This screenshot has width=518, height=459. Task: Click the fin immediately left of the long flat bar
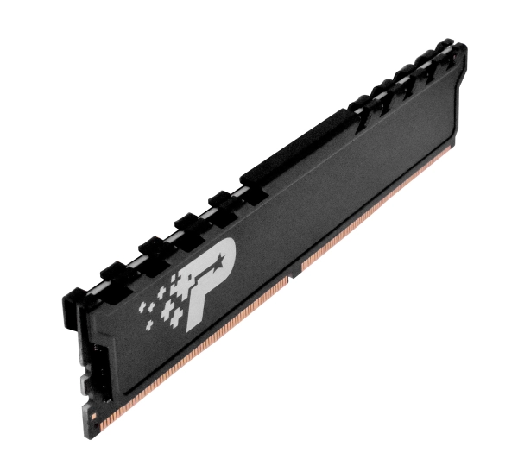pyautogui.click(x=225, y=195)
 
